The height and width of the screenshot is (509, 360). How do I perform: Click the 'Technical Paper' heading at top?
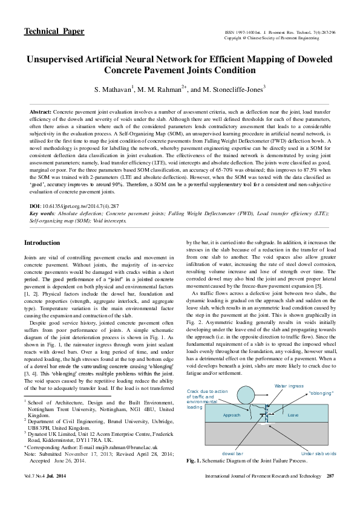(x=54, y=31)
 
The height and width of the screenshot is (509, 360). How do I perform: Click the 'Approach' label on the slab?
(x=232, y=415)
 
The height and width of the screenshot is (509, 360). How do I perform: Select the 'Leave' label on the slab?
(x=293, y=415)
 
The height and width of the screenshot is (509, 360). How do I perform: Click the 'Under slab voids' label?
(x=318, y=453)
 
